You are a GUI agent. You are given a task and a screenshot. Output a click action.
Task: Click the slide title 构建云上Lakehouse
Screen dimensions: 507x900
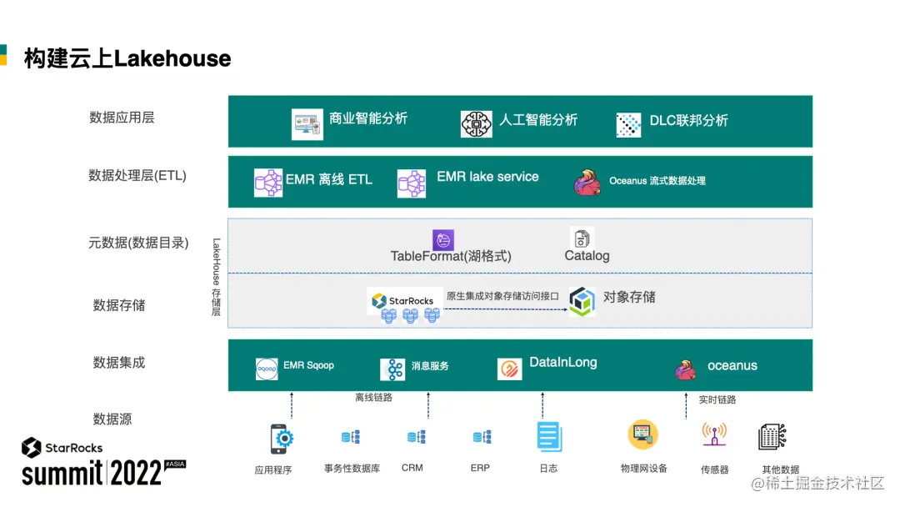click(127, 58)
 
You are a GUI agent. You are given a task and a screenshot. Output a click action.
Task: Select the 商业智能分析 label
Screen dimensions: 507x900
click(368, 118)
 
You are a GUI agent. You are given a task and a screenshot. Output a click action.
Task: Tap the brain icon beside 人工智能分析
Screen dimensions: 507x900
click(476, 123)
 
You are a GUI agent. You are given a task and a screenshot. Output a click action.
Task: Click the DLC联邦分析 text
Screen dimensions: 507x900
click(688, 121)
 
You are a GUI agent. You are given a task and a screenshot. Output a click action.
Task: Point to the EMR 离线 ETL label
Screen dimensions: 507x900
click(328, 179)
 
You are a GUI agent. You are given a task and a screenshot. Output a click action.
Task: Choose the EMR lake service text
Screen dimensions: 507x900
click(487, 177)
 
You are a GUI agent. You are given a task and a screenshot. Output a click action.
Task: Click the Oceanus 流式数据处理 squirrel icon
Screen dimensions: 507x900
click(587, 182)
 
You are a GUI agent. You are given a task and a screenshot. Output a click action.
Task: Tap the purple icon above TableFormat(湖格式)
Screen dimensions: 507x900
click(443, 240)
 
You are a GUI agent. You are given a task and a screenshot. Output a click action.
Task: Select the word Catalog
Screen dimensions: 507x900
click(587, 256)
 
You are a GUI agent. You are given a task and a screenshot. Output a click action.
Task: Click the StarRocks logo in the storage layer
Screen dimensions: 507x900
click(404, 300)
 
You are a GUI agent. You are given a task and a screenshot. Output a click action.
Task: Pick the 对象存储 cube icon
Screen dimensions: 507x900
click(582, 301)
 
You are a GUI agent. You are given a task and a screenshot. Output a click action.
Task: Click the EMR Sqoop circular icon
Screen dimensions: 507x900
click(267, 369)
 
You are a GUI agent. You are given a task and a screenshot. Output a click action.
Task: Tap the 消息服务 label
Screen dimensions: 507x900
click(430, 366)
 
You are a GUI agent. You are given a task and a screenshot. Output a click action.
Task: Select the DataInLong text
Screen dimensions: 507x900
click(562, 363)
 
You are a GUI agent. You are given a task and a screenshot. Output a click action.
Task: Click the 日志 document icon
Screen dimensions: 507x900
click(548, 437)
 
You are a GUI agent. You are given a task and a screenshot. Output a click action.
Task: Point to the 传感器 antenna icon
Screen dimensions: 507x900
click(713, 435)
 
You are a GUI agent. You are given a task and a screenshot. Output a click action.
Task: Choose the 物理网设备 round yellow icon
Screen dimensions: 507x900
click(642, 434)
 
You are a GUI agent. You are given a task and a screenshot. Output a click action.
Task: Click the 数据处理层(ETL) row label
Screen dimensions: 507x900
click(137, 176)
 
